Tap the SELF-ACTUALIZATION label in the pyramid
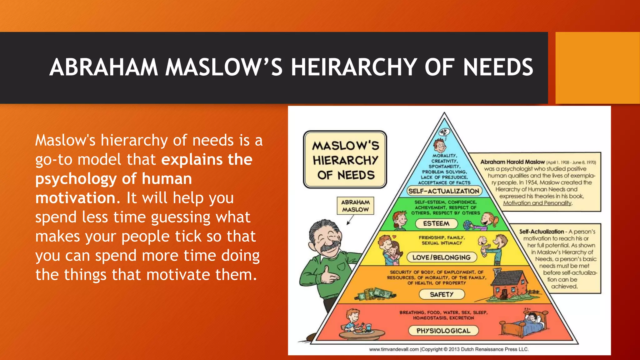pyautogui.click(x=444, y=191)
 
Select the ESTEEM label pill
pyautogui.click(x=436, y=223)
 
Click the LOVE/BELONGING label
pyautogui.click(x=441, y=257)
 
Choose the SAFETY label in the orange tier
pyautogui.click(x=441, y=294)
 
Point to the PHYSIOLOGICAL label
pyautogui.click(x=443, y=331)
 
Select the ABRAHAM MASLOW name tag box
pyautogui.click(x=355, y=206)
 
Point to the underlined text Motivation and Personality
pyautogui.click(x=537, y=203)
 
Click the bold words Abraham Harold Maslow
pyautogui.click(x=512, y=162)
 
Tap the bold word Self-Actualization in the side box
pyautogui.click(x=541, y=232)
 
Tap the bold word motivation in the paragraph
pyautogui.click(x=75, y=198)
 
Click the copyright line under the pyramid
pyautogui.click(x=449, y=349)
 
